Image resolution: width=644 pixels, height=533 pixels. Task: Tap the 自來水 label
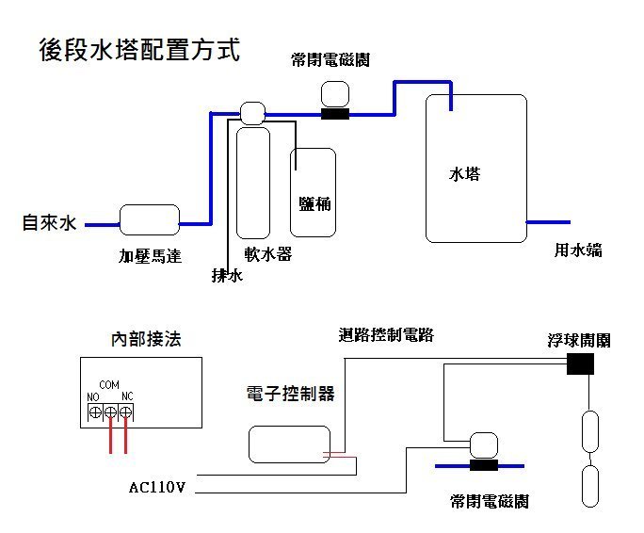click(49, 223)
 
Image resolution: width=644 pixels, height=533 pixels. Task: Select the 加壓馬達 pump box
click(150, 220)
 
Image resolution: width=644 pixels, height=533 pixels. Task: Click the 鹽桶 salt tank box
click(314, 192)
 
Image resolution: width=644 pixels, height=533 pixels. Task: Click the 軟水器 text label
click(268, 254)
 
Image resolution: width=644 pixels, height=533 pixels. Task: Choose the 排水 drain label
click(227, 276)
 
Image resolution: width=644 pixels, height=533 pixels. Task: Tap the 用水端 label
click(577, 250)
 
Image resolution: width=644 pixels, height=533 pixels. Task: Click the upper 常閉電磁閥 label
click(330, 60)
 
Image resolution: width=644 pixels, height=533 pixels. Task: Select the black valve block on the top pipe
click(335, 115)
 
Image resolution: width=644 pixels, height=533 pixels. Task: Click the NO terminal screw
click(94, 412)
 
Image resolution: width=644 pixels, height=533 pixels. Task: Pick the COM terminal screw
click(110, 412)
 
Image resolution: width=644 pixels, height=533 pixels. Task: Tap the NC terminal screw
click(125, 412)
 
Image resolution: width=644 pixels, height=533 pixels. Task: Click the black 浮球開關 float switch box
click(581, 363)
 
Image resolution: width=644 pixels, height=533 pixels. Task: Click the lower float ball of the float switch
click(590, 487)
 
